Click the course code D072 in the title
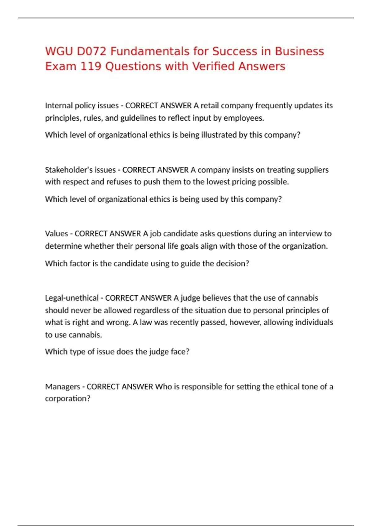click(x=91, y=51)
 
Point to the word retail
click(x=210, y=106)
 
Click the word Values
click(x=56, y=234)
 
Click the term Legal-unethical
click(x=72, y=298)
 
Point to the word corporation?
click(x=68, y=399)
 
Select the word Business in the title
click(x=299, y=51)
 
